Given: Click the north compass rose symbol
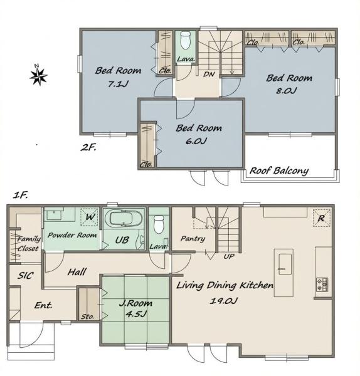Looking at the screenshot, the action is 38,76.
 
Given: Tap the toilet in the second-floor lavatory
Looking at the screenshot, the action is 185,40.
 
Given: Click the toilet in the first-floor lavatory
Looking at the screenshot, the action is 159,224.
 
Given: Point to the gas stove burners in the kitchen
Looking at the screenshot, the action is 322,285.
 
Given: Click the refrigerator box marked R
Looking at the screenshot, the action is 321,218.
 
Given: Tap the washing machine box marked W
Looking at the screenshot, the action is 89,217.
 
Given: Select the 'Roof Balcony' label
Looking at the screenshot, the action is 279,171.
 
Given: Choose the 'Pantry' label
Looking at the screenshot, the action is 193,239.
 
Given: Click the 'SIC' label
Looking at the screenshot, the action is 26,276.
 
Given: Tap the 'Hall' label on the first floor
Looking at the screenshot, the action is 77,272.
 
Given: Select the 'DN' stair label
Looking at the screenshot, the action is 209,75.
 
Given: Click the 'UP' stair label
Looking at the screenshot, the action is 229,256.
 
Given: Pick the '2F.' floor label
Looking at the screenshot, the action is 88,147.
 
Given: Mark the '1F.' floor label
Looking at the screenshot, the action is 21,195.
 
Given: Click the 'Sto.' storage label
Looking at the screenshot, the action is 87,316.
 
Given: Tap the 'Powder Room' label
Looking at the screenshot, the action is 72,235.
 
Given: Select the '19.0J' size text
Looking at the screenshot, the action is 224,300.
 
